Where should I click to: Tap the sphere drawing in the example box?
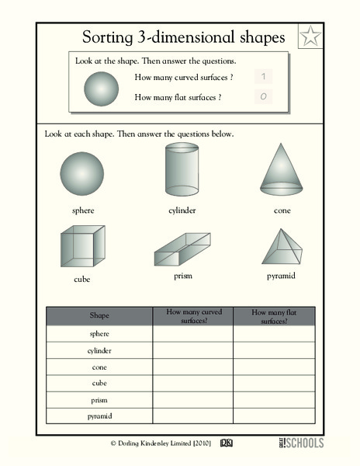pyautogui.click(x=101, y=86)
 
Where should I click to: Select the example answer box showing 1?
pyautogui.click(x=264, y=76)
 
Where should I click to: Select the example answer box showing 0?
pyautogui.click(x=264, y=97)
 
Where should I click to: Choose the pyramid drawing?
pyautogui.click(x=282, y=248)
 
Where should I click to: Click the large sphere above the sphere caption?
pyautogui.click(x=82, y=174)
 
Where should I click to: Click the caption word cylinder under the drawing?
pyautogui.click(x=182, y=210)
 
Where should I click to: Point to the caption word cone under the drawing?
pyautogui.click(x=282, y=210)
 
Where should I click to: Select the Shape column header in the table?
pyautogui.click(x=99, y=315)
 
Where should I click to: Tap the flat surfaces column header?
pyautogui.click(x=274, y=315)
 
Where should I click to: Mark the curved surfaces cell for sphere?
pyautogui.click(x=192, y=333)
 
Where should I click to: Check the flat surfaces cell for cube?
pyautogui.click(x=274, y=383)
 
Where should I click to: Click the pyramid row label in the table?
pyautogui.click(x=99, y=416)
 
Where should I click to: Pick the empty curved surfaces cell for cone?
pyautogui.click(x=192, y=367)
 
